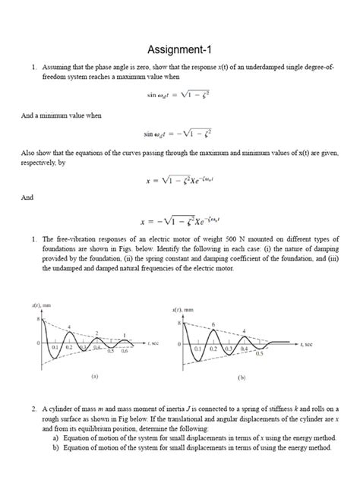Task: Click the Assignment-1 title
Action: point(179,50)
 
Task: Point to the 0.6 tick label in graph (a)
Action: point(125,351)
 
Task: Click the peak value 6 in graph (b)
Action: point(213,324)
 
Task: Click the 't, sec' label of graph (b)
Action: point(308,344)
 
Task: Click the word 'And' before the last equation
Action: point(26,197)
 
